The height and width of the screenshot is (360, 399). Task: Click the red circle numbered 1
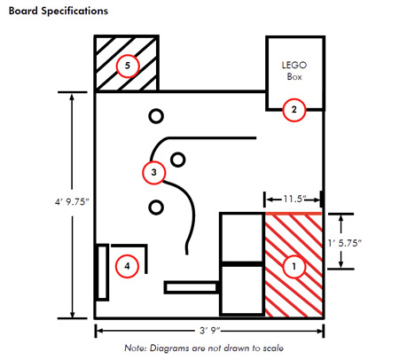(x=293, y=266)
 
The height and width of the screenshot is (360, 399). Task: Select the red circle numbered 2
(x=293, y=110)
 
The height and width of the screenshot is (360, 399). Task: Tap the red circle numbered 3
(x=153, y=172)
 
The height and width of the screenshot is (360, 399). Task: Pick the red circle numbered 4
(x=127, y=266)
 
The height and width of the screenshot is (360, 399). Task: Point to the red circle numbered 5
(x=128, y=66)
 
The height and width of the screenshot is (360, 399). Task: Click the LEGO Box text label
(x=294, y=71)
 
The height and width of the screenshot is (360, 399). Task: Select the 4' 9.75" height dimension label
(x=72, y=202)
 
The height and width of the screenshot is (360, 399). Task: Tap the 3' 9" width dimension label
(x=209, y=331)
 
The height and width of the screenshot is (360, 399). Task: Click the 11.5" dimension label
(x=294, y=199)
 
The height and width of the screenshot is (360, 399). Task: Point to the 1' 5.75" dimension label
(x=345, y=243)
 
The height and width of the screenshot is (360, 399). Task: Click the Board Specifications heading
(x=59, y=11)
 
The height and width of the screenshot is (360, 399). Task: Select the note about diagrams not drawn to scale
(x=204, y=348)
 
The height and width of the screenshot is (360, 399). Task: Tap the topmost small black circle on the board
(x=156, y=116)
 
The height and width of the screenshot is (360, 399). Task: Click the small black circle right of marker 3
(x=178, y=160)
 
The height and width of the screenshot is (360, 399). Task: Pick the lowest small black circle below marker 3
(x=156, y=207)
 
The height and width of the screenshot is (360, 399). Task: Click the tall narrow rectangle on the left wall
(x=102, y=272)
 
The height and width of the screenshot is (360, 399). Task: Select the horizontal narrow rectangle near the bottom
(x=192, y=287)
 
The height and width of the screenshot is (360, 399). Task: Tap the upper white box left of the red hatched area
(x=242, y=237)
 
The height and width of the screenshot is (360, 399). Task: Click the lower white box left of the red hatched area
(x=242, y=290)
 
